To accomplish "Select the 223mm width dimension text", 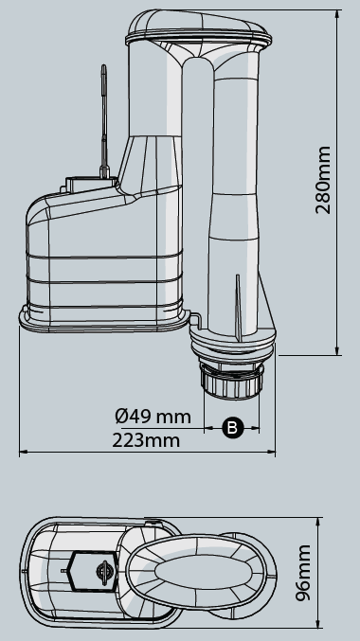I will coord(146,439).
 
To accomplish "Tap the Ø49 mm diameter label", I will coord(153,417).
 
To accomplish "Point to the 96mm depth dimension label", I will coord(303,574).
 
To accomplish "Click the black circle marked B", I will coord(232,427).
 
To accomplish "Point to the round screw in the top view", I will coord(100,573).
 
